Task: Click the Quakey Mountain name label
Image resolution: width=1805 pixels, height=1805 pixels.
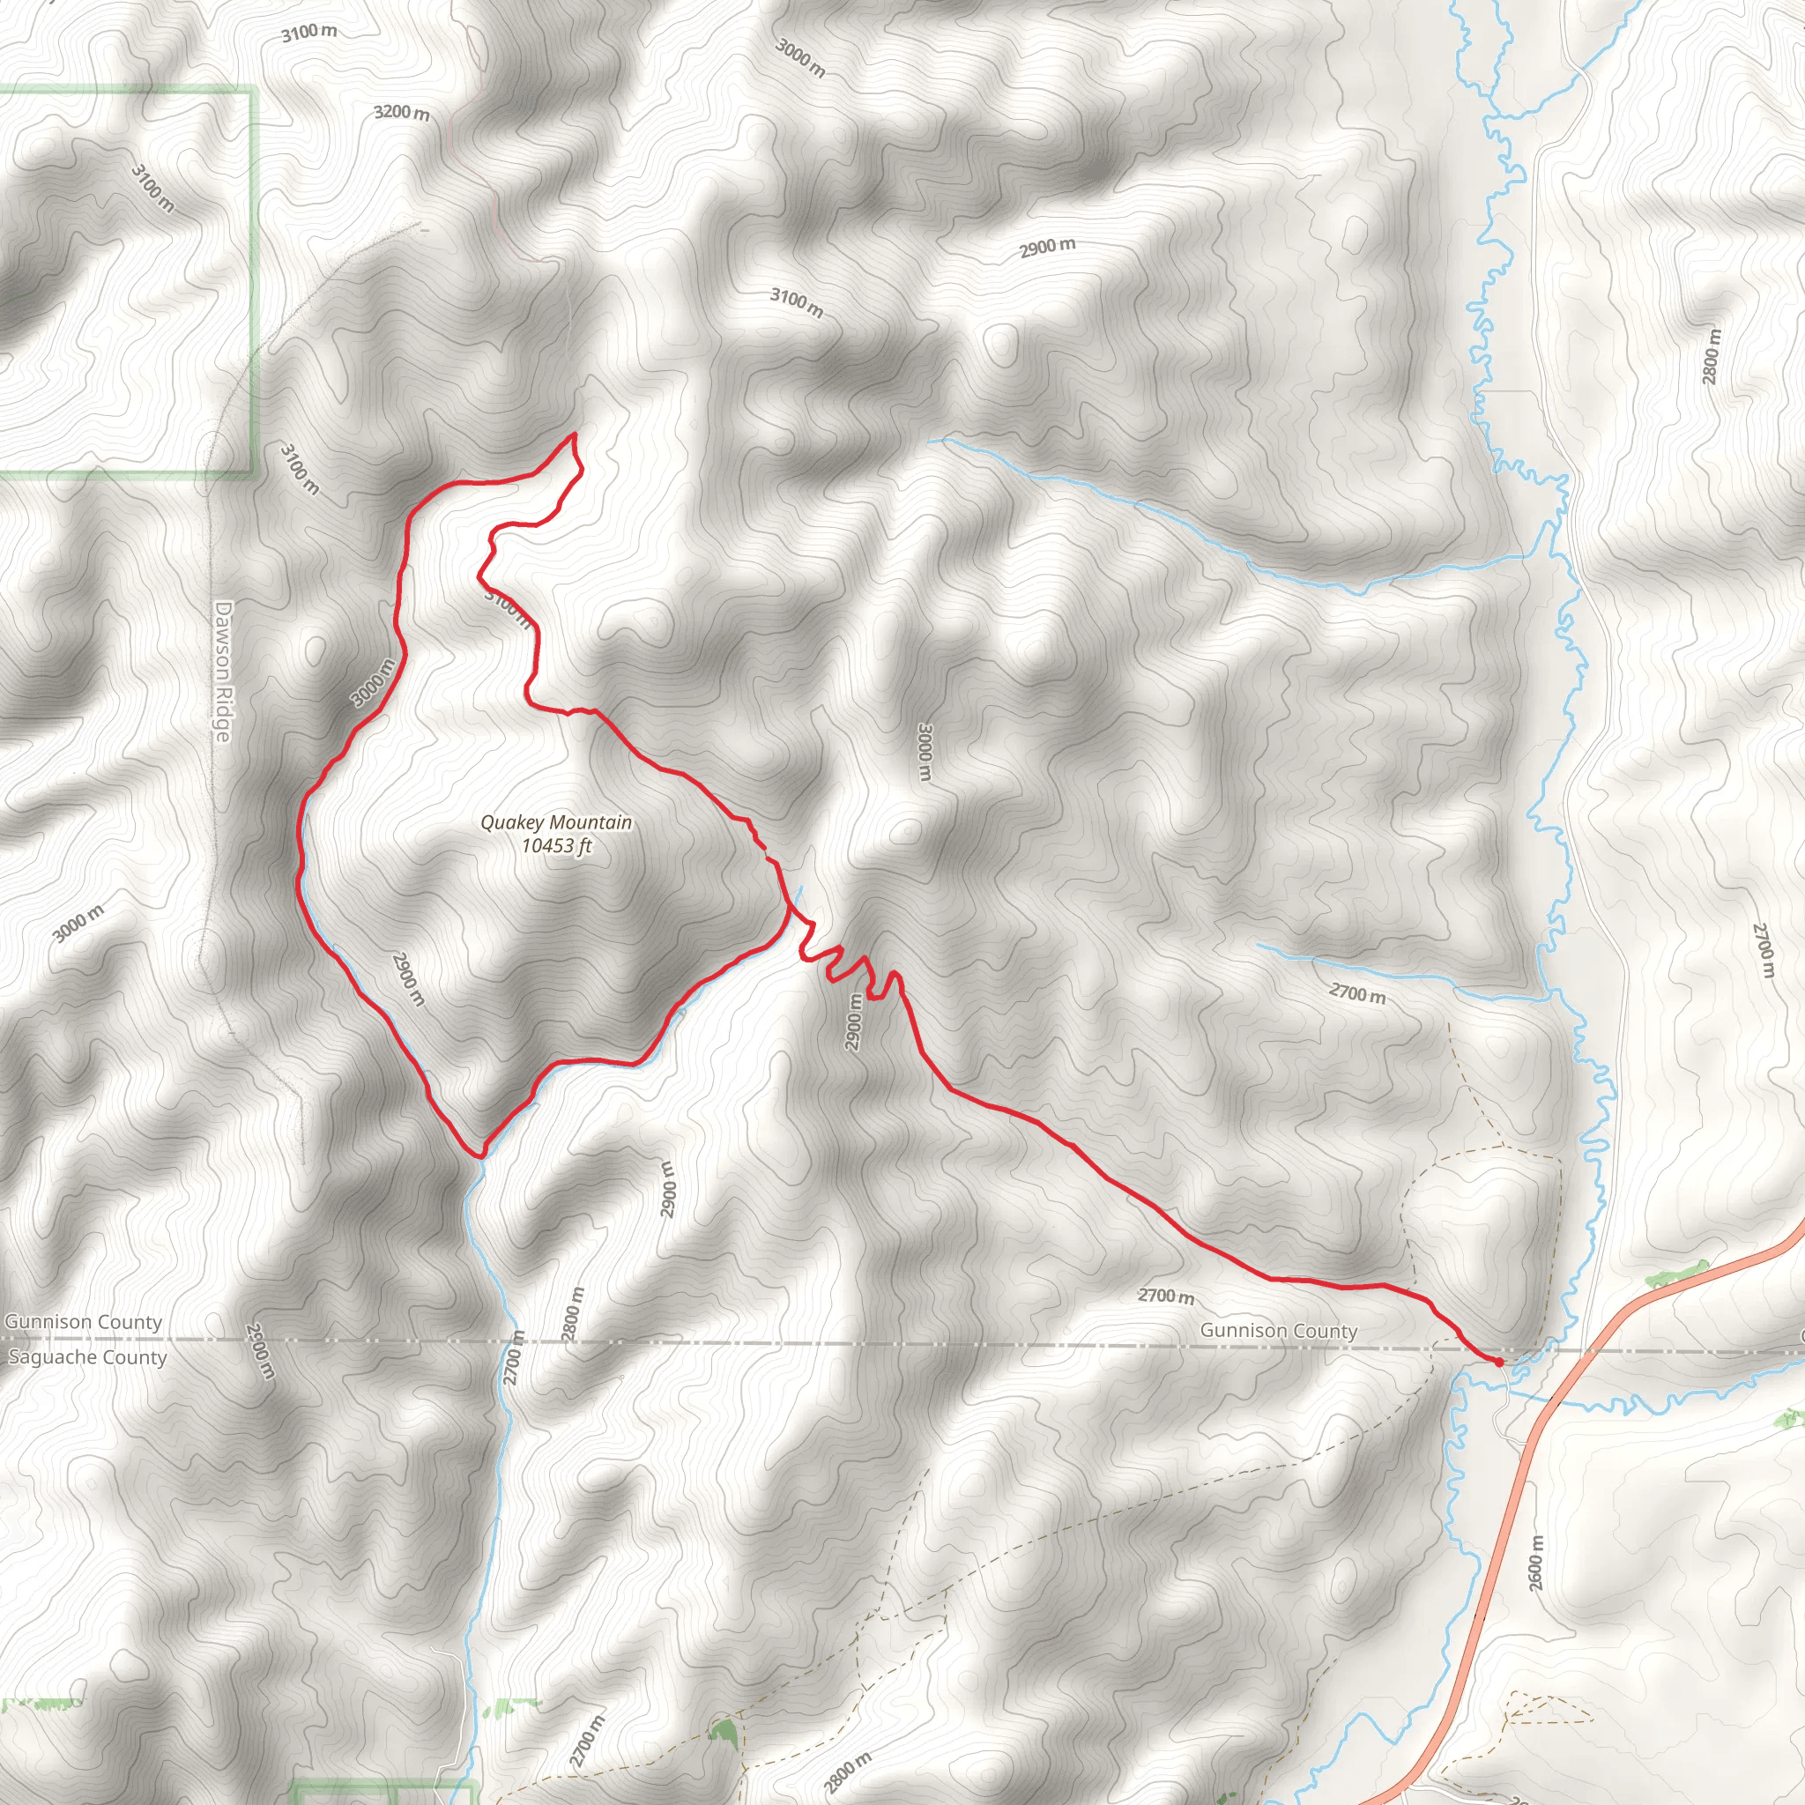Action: tap(556, 822)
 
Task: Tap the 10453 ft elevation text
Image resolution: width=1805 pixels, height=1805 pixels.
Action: tap(556, 846)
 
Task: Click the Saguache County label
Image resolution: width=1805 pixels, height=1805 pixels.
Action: tap(87, 1356)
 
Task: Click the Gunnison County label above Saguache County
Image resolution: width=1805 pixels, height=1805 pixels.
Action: tap(83, 1321)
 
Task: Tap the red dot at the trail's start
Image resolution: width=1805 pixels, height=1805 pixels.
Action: tap(1499, 1363)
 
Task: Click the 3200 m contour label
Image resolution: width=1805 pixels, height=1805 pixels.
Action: tap(402, 112)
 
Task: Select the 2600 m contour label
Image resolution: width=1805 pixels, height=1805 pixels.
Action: tap(1536, 1563)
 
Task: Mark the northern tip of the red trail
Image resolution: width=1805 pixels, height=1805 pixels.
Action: tap(574, 435)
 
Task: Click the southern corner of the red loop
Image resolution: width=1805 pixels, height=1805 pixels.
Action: tap(480, 1155)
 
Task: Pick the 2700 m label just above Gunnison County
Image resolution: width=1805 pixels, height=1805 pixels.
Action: tap(1166, 1296)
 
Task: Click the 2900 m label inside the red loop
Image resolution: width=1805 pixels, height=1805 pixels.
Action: tap(408, 979)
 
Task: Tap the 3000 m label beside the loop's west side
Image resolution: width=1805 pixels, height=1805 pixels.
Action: tap(374, 683)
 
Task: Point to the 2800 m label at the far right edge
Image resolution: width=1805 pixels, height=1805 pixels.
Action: tap(1711, 357)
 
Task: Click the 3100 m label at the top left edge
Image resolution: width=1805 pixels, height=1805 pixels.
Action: tap(308, 32)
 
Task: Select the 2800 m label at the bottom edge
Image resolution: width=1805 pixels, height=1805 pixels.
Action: tap(846, 1772)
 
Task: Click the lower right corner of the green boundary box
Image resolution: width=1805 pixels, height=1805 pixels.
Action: tap(253, 472)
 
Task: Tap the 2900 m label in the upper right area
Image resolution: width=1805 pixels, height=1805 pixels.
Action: tap(1046, 248)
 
